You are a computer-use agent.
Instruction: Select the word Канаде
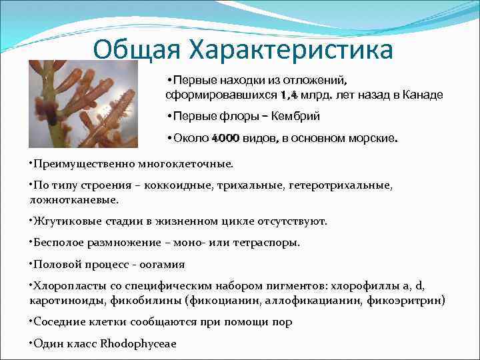(x=422, y=95)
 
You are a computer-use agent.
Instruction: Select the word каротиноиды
(x=63, y=301)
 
